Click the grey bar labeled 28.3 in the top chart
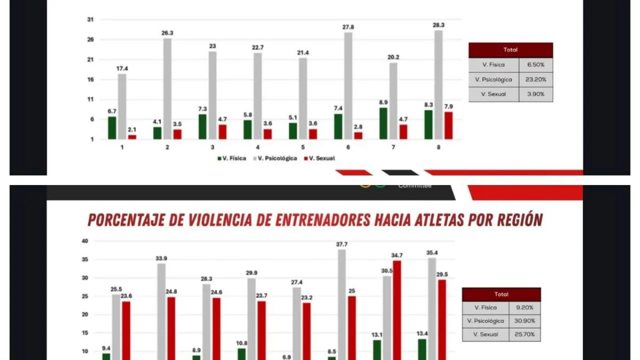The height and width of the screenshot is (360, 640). coord(438,85)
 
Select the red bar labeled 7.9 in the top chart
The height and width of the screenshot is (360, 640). coord(448,125)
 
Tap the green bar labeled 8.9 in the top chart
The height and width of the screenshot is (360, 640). coord(383,123)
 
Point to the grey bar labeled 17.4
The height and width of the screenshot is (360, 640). coord(122,106)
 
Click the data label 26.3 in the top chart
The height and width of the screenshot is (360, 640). coord(167,33)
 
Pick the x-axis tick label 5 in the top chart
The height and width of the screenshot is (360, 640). coord(302,147)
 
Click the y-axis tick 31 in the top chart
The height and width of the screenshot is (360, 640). coord(90,19)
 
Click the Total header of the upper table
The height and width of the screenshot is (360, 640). coord(510,50)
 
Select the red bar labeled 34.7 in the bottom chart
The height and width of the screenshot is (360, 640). coord(397,310)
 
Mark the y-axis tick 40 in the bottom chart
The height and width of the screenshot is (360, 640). coord(85,241)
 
